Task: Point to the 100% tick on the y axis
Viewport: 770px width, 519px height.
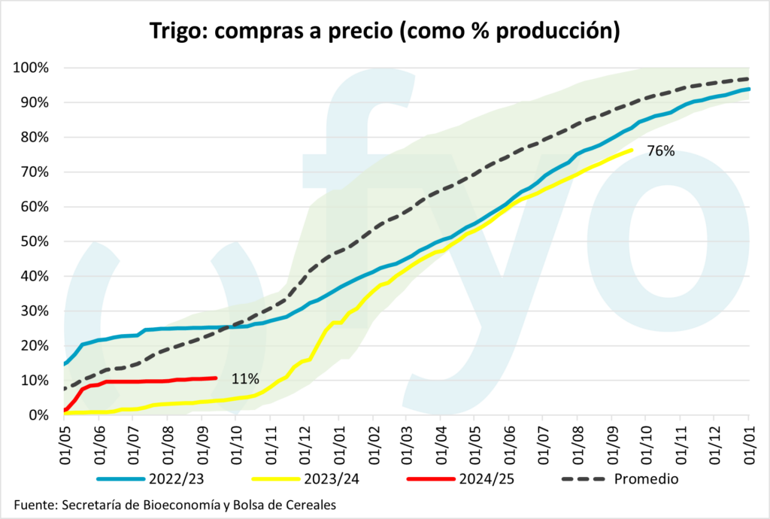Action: (30, 68)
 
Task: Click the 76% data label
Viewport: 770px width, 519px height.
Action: (660, 151)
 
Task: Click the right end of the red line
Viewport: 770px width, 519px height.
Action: (217, 378)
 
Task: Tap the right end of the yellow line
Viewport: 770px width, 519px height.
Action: (631, 150)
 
